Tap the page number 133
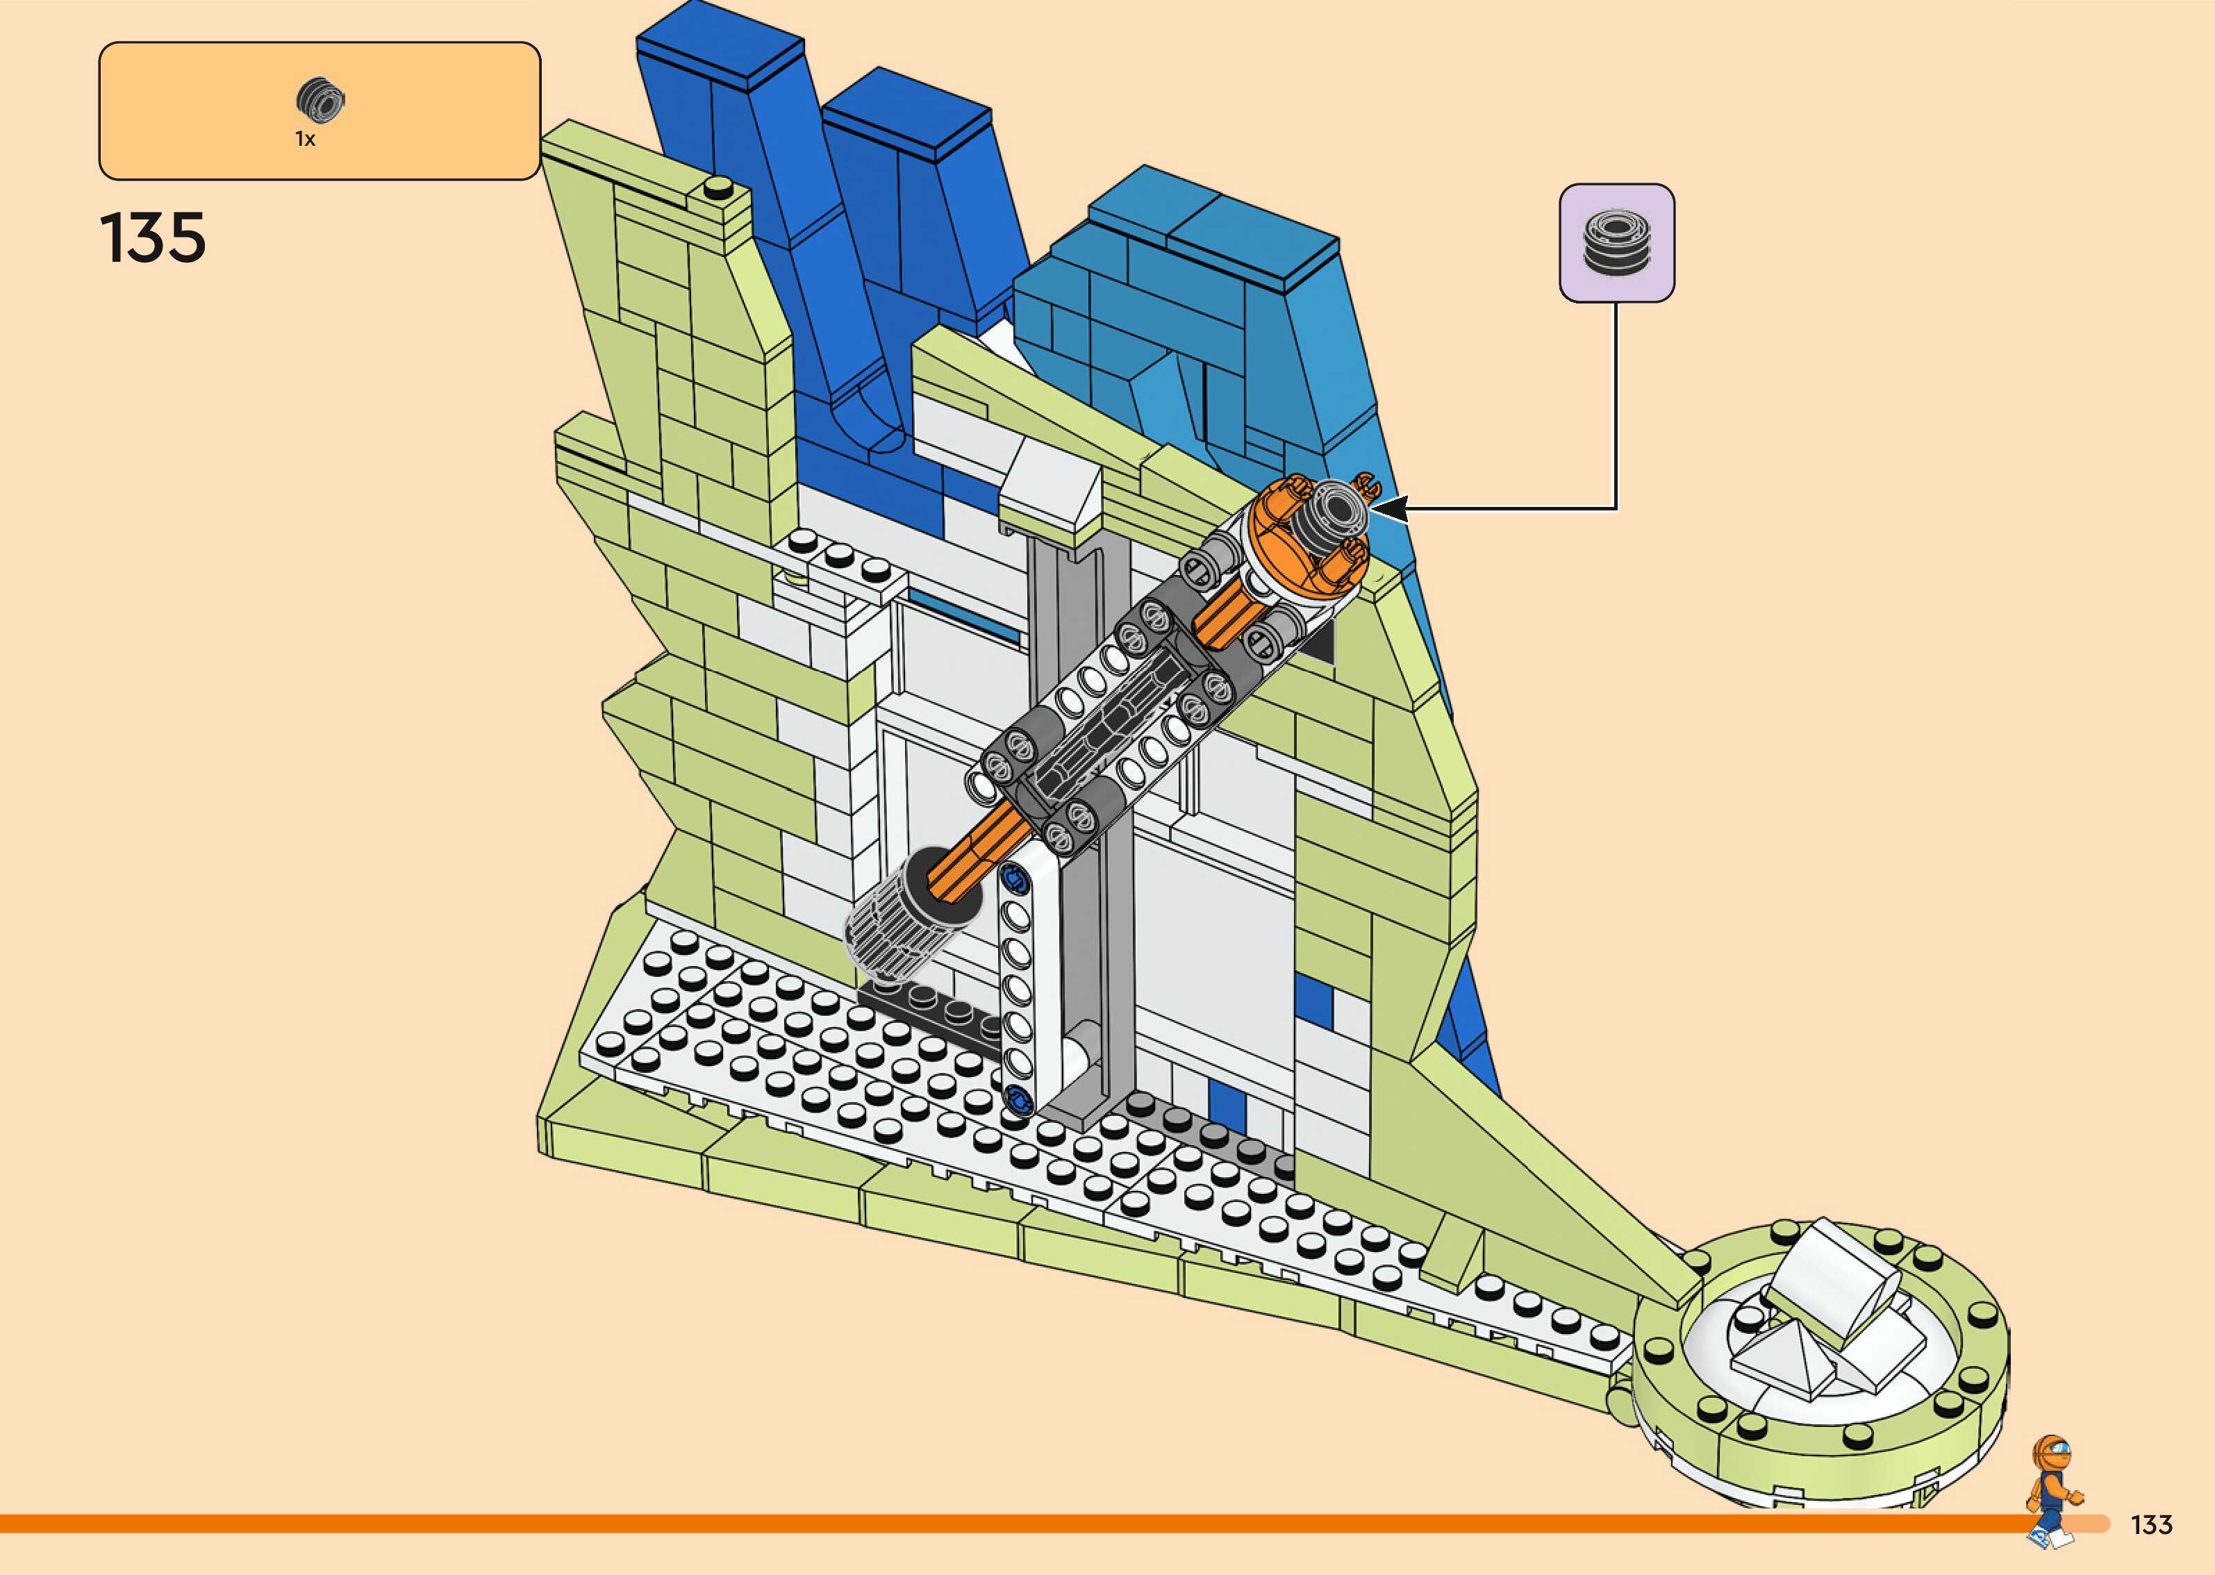[2151, 1524]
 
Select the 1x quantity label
[306, 140]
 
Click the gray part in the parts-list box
[320, 100]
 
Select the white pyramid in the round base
[1782, 1356]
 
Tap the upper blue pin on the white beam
[1016, 880]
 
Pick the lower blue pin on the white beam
[1018, 1099]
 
